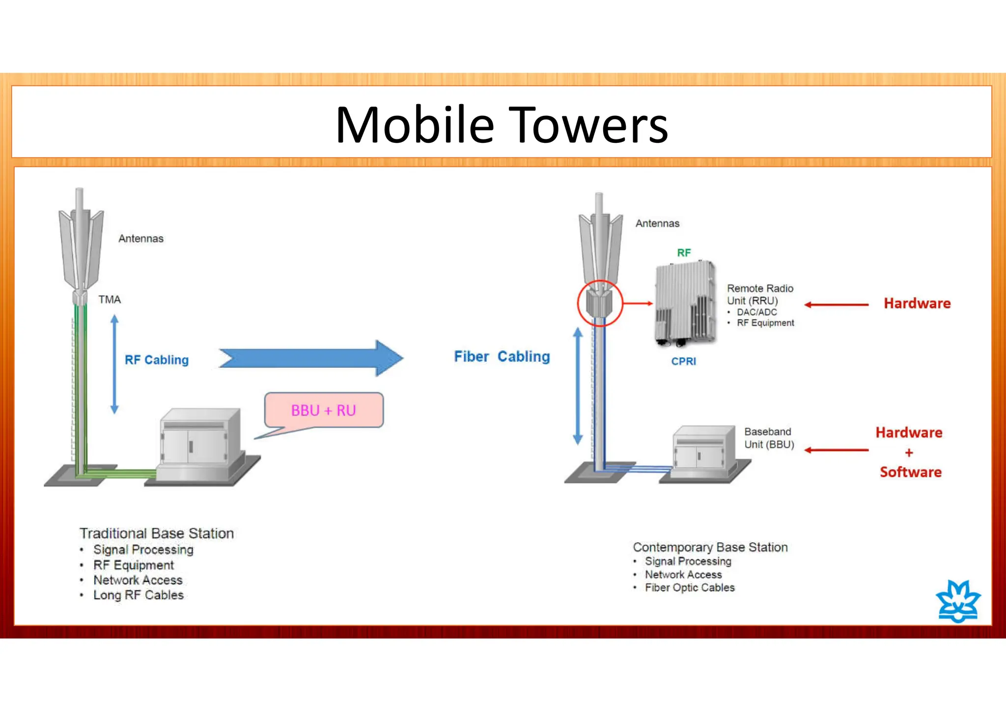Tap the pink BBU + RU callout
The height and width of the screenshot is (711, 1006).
324,410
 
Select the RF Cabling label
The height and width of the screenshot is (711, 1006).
156,360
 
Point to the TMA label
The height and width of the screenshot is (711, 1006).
109,300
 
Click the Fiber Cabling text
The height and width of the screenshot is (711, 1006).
502,356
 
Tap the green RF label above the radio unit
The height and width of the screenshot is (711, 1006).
684,253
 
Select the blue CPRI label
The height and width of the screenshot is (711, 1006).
683,361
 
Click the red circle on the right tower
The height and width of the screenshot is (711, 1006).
600,303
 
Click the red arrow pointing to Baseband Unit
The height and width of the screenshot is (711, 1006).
837,450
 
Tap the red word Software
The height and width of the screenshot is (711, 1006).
910,472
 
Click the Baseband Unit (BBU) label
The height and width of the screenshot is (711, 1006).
769,438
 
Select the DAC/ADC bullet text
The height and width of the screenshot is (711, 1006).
756,312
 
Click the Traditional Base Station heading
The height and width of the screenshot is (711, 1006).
157,533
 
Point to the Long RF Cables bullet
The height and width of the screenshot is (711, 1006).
139,595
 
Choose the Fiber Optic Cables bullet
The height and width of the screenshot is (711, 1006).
690,588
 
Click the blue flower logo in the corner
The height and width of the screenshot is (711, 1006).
958,602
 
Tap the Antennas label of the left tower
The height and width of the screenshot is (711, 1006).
141,239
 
